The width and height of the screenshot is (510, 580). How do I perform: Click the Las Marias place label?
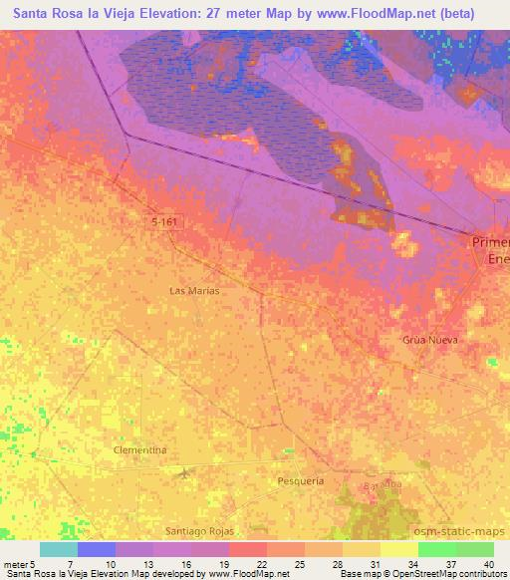[195, 291]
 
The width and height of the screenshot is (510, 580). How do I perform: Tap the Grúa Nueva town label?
[430, 340]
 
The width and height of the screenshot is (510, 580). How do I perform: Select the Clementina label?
[139, 450]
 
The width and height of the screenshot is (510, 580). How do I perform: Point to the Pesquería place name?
[300, 480]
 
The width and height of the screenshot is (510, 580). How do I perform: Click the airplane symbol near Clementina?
[184, 470]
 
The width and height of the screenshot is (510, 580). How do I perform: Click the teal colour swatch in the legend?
[59, 549]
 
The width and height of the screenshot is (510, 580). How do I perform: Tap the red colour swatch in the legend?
[248, 549]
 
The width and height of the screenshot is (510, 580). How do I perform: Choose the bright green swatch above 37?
[436, 549]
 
